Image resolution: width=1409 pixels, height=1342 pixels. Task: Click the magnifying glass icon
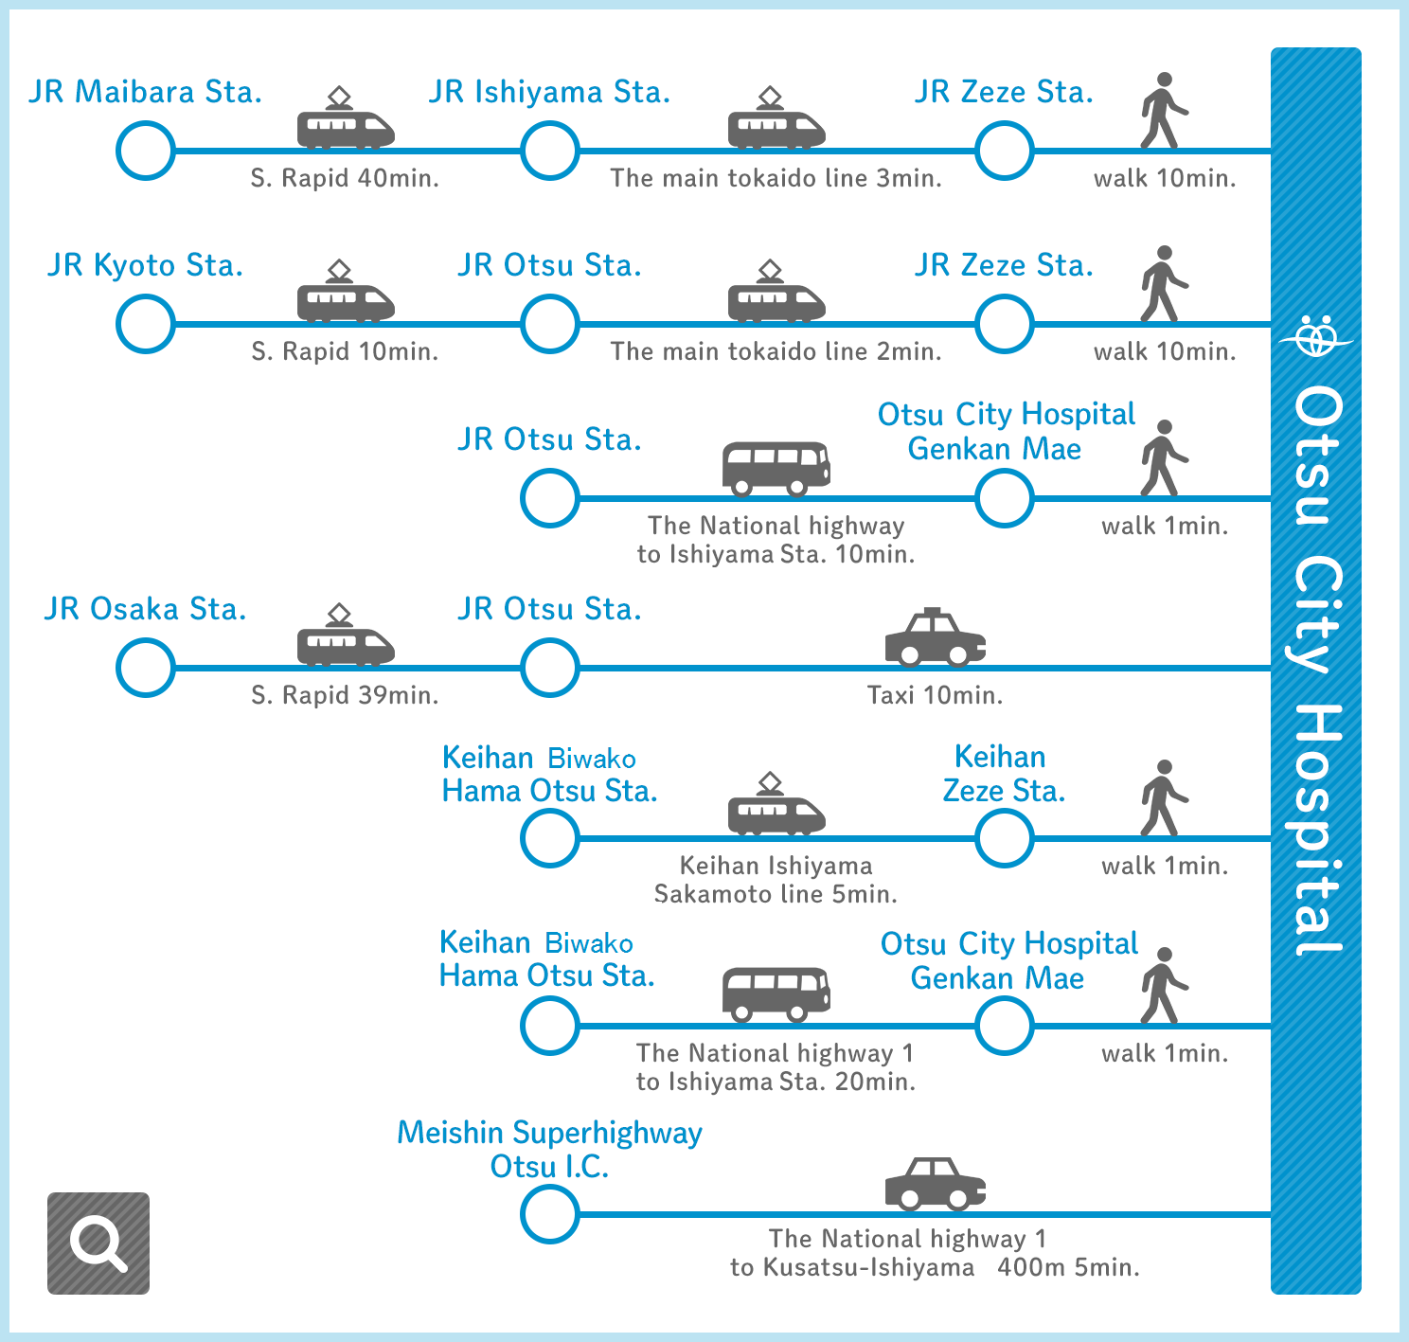click(x=98, y=1244)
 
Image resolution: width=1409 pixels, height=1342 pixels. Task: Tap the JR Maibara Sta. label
click(x=146, y=92)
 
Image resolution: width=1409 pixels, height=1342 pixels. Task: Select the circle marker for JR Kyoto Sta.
click(x=146, y=324)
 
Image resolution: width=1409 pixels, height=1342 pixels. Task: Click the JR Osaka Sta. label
click(x=146, y=609)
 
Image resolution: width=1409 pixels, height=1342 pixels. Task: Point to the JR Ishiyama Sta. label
click(x=550, y=92)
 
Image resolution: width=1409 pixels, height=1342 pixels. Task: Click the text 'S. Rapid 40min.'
click(x=345, y=178)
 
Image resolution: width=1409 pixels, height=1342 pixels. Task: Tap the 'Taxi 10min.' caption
click(x=935, y=694)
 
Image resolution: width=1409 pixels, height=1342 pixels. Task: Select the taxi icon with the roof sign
click(x=936, y=637)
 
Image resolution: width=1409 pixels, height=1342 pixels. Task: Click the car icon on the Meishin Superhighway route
click(x=936, y=1184)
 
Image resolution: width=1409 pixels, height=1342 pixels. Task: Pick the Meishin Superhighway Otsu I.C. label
click(x=550, y=1149)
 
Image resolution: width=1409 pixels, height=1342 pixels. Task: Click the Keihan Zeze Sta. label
click(x=1004, y=774)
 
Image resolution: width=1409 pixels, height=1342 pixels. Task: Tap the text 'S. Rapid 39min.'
click(x=345, y=694)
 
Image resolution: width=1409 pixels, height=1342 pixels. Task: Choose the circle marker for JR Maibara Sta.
click(x=146, y=151)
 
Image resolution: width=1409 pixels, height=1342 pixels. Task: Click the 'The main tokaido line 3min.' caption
click(x=776, y=178)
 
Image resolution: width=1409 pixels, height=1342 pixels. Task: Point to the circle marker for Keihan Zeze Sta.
click(x=1004, y=838)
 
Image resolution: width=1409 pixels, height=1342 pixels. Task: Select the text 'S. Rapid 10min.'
click(x=345, y=351)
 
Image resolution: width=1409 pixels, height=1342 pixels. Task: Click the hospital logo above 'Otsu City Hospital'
click(x=1316, y=335)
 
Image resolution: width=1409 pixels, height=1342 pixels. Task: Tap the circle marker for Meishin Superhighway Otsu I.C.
click(x=550, y=1214)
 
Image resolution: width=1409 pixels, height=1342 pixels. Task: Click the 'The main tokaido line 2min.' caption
click(x=776, y=351)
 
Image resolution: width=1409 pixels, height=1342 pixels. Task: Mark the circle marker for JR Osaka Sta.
click(x=146, y=668)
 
